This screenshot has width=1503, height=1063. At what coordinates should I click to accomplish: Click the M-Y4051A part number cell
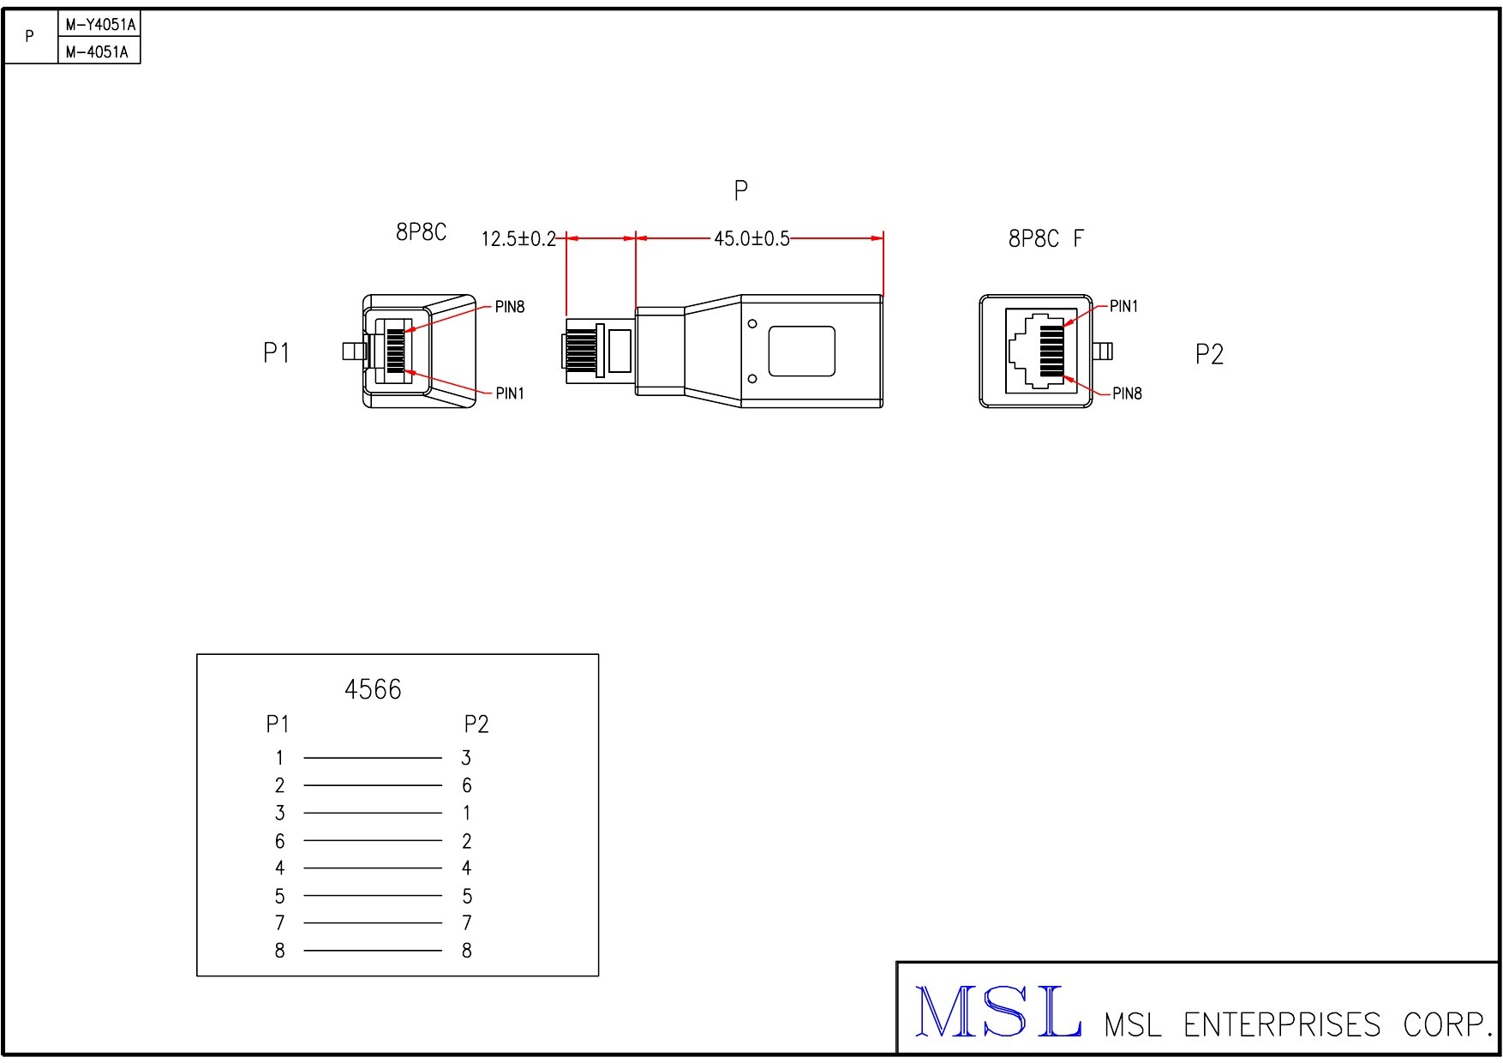99,25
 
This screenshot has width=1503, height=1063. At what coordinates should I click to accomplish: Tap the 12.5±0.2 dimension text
518,238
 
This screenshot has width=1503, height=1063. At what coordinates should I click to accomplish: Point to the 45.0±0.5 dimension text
751,238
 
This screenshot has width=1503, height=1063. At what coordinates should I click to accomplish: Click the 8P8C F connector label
1045,238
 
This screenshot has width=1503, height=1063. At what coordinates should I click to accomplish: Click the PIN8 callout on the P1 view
510,307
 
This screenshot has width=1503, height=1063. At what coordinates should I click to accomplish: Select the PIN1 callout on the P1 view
510,393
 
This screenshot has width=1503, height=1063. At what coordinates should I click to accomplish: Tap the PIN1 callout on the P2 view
1123,306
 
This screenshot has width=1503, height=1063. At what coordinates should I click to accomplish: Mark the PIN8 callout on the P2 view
1127,393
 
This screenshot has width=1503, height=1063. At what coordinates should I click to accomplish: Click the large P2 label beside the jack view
1209,354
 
